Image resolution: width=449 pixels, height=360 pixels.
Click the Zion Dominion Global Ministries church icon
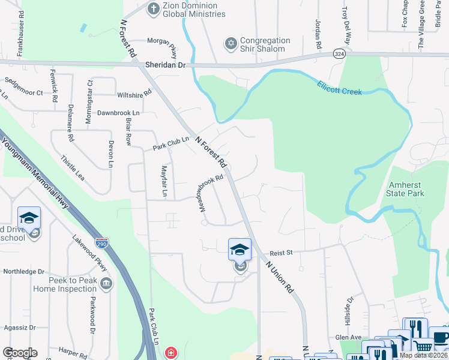click(x=154, y=9)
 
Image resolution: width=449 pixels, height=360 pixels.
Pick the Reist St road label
click(x=281, y=253)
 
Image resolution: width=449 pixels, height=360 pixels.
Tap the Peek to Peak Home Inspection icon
click(x=106, y=283)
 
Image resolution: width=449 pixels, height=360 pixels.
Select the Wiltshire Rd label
click(x=134, y=95)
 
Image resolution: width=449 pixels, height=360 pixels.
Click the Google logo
click(x=20, y=353)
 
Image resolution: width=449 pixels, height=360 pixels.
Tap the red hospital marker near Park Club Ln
click(x=171, y=353)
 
